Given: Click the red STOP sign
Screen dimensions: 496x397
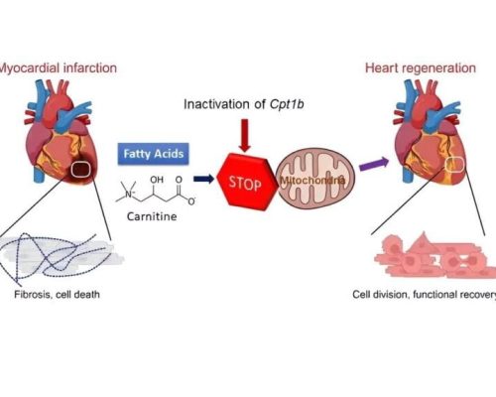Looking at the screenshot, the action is point(247,182).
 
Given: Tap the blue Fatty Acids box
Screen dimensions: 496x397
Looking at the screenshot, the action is point(154,154).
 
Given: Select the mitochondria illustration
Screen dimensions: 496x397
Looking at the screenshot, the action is point(315,180).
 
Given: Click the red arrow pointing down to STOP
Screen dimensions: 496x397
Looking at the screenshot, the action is point(245,136).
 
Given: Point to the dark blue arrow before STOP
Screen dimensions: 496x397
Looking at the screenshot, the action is point(203,180).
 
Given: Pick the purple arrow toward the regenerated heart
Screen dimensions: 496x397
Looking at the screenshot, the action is point(374,164).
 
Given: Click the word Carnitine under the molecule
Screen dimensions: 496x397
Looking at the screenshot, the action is point(152,216).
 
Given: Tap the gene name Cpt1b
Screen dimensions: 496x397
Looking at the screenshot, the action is point(287,104).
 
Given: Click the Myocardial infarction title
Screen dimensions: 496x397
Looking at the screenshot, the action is point(58,67).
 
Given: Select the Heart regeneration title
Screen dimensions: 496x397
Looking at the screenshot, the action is point(421,67).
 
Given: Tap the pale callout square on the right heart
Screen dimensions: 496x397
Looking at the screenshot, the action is point(454,165).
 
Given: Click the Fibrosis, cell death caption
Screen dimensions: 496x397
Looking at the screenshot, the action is point(57,295).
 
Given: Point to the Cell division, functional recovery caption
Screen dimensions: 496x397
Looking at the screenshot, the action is point(425,295).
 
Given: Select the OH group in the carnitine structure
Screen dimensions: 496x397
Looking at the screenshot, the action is point(157,180).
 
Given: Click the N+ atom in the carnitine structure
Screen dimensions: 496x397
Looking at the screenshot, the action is point(129,195).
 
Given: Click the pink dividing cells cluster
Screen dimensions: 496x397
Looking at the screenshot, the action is point(434,255).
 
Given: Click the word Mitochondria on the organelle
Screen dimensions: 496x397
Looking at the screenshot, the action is point(312,181).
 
